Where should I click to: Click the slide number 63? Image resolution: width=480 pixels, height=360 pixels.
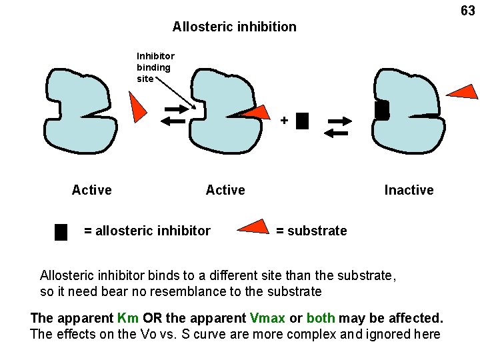pyautogui.click(x=468, y=11)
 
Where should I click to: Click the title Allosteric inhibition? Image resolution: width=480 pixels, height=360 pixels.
pyautogui.click(x=234, y=27)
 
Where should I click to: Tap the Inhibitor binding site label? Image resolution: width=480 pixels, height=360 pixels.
pyautogui.click(x=155, y=67)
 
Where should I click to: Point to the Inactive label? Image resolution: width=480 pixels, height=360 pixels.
pyautogui.click(x=409, y=190)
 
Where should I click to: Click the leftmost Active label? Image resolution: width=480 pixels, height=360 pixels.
pyautogui.click(x=91, y=190)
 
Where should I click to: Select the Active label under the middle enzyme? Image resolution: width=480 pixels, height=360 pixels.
pyautogui.click(x=225, y=190)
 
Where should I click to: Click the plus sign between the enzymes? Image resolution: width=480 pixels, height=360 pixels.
pyautogui.click(x=284, y=121)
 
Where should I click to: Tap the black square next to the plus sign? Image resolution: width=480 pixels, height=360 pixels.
pyautogui.click(x=302, y=121)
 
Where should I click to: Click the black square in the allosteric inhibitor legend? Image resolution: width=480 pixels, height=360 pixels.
pyautogui.click(x=61, y=231)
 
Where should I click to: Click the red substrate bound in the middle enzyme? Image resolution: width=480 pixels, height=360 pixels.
pyautogui.click(x=257, y=113)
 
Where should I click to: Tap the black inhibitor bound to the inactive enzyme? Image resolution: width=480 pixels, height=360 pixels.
pyautogui.click(x=381, y=110)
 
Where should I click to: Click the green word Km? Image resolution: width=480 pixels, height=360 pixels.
pyautogui.click(x=128, y=317)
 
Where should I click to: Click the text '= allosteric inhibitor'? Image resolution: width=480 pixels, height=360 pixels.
pyautogui.click(x=147, y=231)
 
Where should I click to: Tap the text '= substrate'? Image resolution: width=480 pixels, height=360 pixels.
pyautogui.click(x=311, y=231)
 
